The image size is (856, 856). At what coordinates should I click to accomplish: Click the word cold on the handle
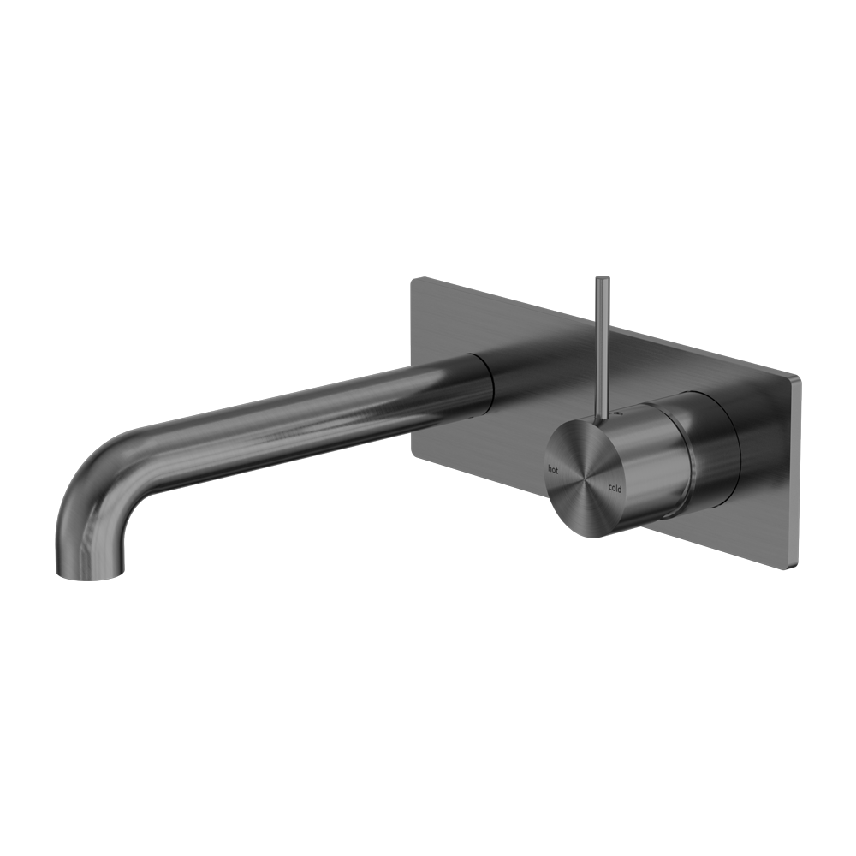615,487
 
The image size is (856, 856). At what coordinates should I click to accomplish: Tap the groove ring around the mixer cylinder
681,454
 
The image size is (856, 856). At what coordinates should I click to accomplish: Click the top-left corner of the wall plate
413,280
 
